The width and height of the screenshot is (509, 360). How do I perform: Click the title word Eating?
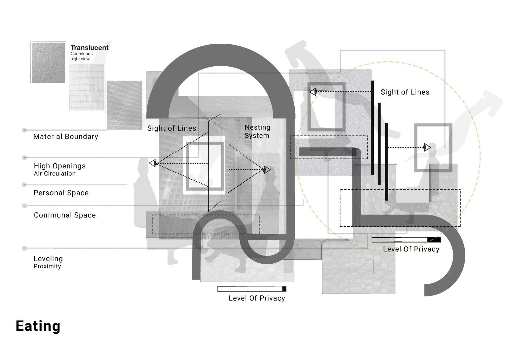point(38,326)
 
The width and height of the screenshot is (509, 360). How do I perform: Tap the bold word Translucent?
point(89,48)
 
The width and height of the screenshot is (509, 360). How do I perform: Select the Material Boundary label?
point(65,137)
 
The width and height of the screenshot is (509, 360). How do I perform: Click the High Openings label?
point(59,166)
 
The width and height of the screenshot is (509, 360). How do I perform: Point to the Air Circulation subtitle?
point(55,174)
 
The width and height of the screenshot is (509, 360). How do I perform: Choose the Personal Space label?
point(61,193)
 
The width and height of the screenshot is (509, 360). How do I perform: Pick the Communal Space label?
point(65,215)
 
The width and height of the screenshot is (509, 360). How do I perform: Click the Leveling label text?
point(48,259)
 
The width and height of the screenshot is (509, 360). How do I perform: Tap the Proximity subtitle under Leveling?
point(47,266)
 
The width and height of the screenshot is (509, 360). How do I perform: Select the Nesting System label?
point(257,132)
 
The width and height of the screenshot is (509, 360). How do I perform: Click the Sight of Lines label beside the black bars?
point(405,92)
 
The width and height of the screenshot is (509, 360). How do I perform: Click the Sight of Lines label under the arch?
point(172,128)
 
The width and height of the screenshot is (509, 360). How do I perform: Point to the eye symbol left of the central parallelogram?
point(153,163)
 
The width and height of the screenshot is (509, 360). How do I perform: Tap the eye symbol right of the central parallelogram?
point(267,170)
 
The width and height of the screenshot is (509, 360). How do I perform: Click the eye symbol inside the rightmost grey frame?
point(427,147)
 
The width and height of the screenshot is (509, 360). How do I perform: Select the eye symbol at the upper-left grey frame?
point(313,92)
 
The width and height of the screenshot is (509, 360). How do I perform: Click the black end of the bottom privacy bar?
point(284,289)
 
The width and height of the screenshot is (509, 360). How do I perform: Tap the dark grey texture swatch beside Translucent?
point(48,62)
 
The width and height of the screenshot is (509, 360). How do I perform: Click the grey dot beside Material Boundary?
point(25,130)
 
